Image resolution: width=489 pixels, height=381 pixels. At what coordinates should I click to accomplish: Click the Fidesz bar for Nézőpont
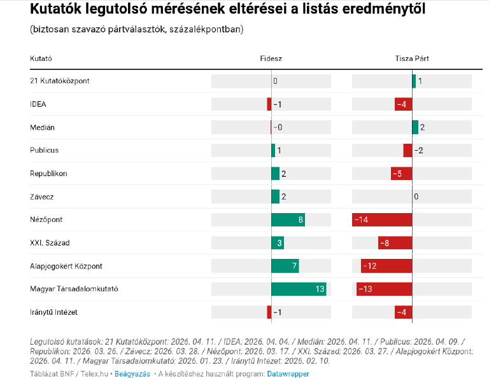pos(288,219)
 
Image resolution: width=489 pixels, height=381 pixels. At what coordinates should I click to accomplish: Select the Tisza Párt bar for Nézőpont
pos(382,219)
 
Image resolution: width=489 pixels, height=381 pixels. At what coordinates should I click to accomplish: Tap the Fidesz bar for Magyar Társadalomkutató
pos(299,289)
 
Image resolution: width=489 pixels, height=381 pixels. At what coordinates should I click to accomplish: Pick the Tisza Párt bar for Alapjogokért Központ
pos(386,266)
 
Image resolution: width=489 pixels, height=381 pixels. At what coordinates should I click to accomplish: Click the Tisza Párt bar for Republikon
pos(401,174)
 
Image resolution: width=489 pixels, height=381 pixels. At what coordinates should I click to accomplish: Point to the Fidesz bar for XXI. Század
pos(278,242)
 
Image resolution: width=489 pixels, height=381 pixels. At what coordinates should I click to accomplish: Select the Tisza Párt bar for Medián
pos(415,127)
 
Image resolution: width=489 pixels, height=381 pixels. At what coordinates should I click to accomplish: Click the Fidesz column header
pos(271,59)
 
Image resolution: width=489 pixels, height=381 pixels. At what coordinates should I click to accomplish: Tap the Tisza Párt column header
pos(412,59)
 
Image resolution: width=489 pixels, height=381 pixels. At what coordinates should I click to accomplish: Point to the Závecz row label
pos(43,197)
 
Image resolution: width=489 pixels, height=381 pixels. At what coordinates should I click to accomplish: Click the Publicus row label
pos(45,150)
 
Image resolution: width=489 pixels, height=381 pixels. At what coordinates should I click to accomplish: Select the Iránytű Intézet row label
pos(54,312)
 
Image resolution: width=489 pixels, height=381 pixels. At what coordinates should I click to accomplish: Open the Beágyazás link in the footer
pos(132,374)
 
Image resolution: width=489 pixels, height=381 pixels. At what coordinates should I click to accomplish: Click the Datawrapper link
pos(288,374)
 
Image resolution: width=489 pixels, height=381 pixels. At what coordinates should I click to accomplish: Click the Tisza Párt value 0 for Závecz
pos(416,197)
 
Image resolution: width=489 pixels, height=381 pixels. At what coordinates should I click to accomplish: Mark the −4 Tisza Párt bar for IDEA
pos(404,104)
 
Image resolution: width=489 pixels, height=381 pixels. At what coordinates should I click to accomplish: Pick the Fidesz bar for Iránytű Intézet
pos(269,312)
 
